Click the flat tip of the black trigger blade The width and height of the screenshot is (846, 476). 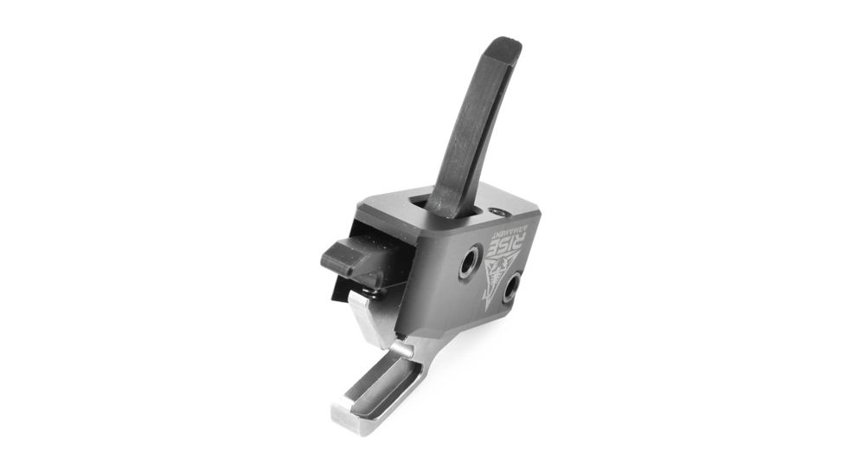(x=503, y=45)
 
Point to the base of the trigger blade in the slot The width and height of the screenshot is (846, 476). (x=445, y=206)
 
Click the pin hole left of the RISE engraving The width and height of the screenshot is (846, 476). (x=470, y=261)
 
